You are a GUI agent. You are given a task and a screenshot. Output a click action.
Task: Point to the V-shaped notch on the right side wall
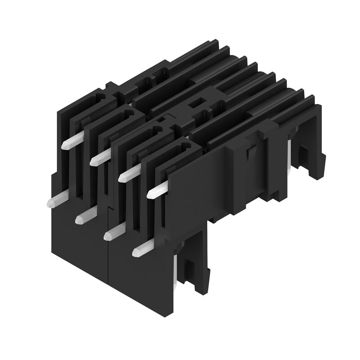(249, 155)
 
